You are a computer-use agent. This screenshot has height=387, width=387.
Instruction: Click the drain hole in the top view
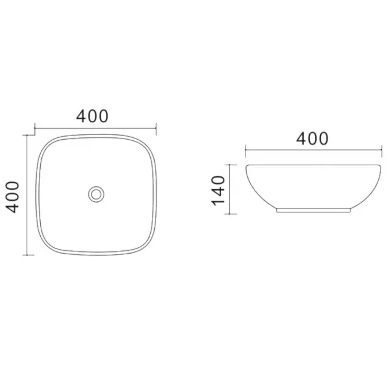point(96,194)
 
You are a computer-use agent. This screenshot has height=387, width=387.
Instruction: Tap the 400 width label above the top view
point(93,116)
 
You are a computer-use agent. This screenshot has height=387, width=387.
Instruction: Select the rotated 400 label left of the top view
point(12,197)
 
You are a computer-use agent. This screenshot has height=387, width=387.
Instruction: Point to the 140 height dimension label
point(218,190)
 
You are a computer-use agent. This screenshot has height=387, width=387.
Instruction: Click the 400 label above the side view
point(312,139)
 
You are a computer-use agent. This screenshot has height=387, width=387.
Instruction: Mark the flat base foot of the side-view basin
point(314,210)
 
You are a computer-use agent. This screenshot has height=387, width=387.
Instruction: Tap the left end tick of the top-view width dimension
point(35,129)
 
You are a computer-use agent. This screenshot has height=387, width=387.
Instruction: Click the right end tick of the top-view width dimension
point(156,129)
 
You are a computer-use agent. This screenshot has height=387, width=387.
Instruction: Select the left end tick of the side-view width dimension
point(246,151)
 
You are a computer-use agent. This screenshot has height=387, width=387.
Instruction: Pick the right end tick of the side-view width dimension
point(382,151)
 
